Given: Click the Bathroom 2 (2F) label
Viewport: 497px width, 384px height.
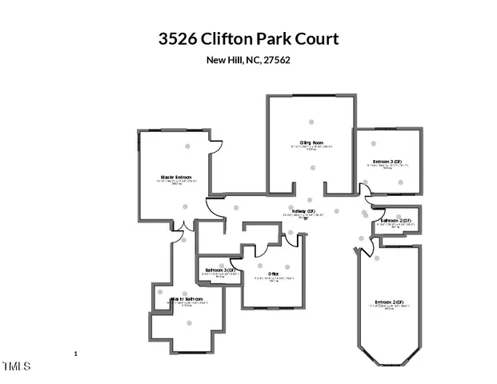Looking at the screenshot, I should coord(396,220).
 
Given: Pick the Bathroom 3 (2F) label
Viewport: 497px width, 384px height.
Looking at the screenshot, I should coord(221,270).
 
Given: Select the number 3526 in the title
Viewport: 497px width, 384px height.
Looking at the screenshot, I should coord(178,38).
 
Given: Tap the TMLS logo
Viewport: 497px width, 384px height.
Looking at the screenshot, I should coord(16,366).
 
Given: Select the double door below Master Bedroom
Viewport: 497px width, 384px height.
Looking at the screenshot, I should coord(184,227).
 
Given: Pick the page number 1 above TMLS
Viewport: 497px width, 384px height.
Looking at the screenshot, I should coord(74,353).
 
